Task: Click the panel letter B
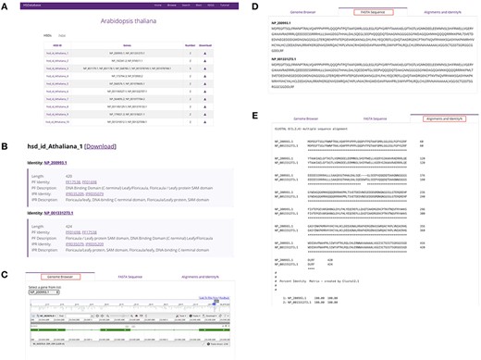tap(6, 145)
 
